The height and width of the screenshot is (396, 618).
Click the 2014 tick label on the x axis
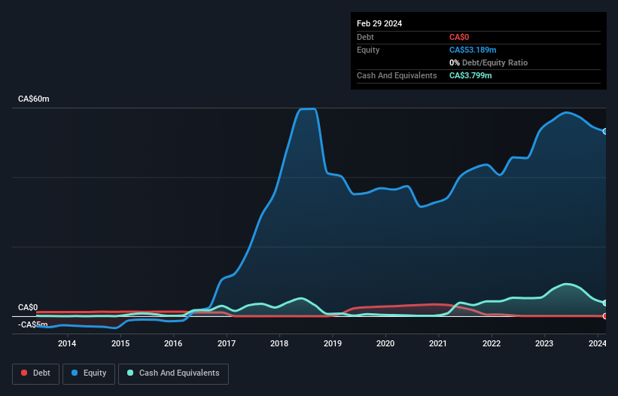pos(67,344)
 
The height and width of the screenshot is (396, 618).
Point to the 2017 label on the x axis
pos(227,344)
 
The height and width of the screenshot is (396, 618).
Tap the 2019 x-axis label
pos(333,344)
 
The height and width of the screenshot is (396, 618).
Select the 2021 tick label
pos(439,344)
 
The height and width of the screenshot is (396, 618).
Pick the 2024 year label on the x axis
pos(598,344)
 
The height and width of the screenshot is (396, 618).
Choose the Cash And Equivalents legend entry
pos(173,373)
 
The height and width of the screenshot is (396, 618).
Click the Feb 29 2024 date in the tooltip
pos(379,23)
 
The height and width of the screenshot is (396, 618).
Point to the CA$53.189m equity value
pos(473,50)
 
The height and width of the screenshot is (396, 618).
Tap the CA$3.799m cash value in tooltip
pos(470,75)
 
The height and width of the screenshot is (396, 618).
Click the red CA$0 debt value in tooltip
pos(459,37)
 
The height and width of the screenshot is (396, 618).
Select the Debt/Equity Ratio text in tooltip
pos(493,62)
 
